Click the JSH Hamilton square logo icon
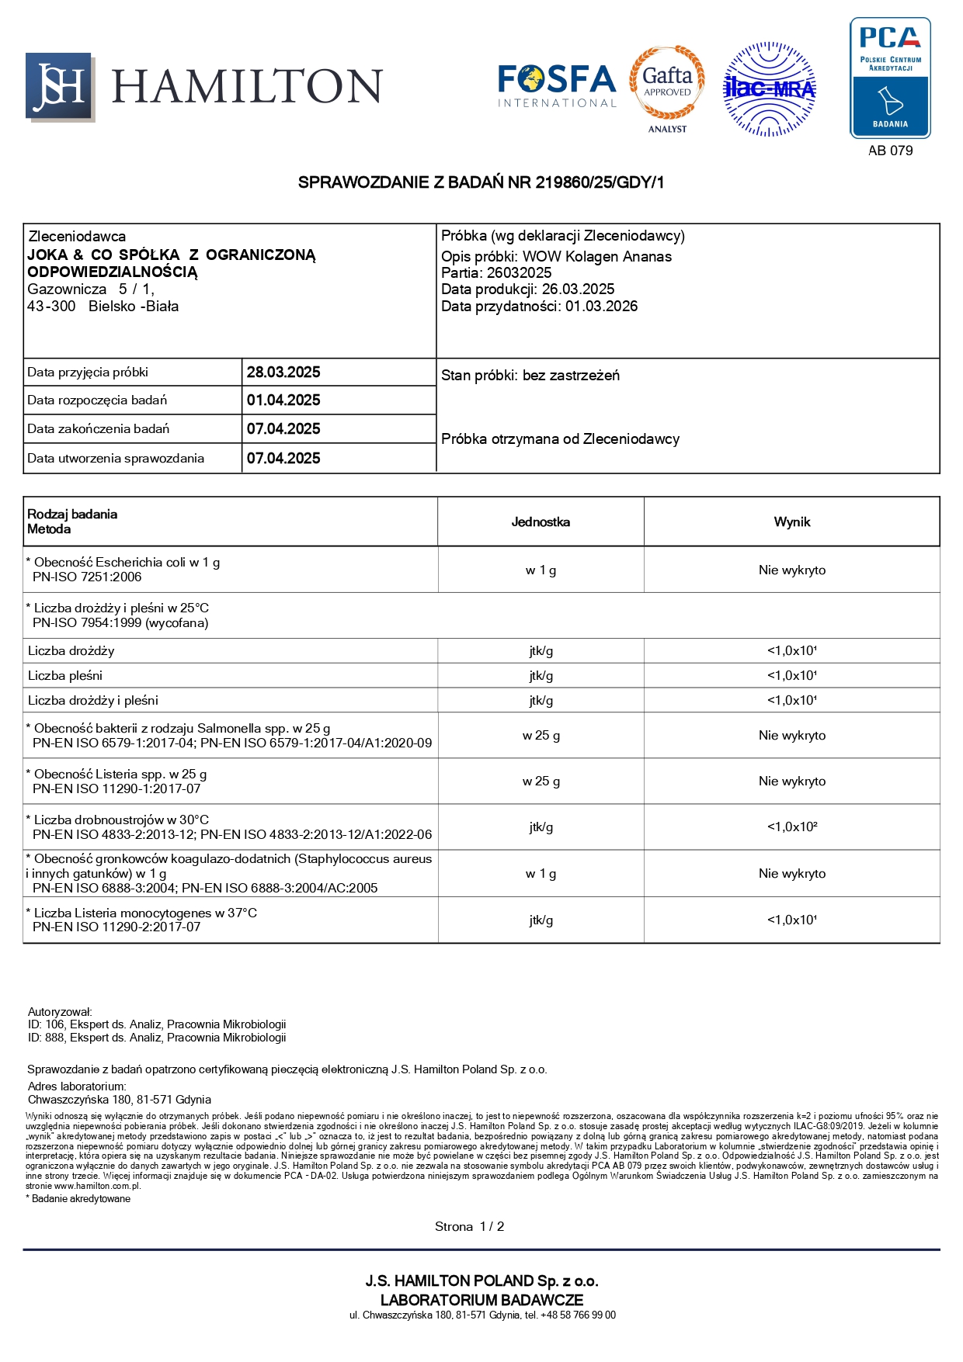click(x=60, y=86)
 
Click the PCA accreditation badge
click(x=890, y=78)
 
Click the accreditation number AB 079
click(x=890, y=151)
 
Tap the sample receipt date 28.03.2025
click(x=283, y=372)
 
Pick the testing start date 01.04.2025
click(x=283, y=400)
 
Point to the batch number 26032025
click(x=519, y=272)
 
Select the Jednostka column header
click(x=541, y=522)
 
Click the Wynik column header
click(x=791, y=522)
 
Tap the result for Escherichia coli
click(x=791, y=570)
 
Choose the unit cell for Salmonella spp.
click(x=541, y=735)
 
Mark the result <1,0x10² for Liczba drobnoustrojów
click(x=791, y=827)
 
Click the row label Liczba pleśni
click(x=65, y=675)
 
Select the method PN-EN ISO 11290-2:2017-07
click(x=116, y=927)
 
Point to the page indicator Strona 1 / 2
click(x=469, y=1226)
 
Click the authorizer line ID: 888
click(x=157, y=1038)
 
